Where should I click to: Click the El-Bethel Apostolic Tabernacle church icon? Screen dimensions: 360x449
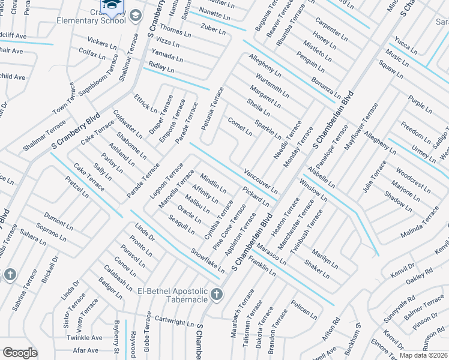coord(217,294)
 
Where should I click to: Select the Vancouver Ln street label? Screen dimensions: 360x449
coord(261,181)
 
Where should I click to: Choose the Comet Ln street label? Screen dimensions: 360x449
coord(240,126)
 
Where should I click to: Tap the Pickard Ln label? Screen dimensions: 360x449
coord(256,196)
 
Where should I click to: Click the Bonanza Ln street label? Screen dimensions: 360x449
coord(327,88)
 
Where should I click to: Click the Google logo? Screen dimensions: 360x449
coord(20,353)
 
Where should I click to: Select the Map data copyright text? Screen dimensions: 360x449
coord(423,355)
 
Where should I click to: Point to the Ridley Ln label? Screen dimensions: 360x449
coord(161,67)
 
